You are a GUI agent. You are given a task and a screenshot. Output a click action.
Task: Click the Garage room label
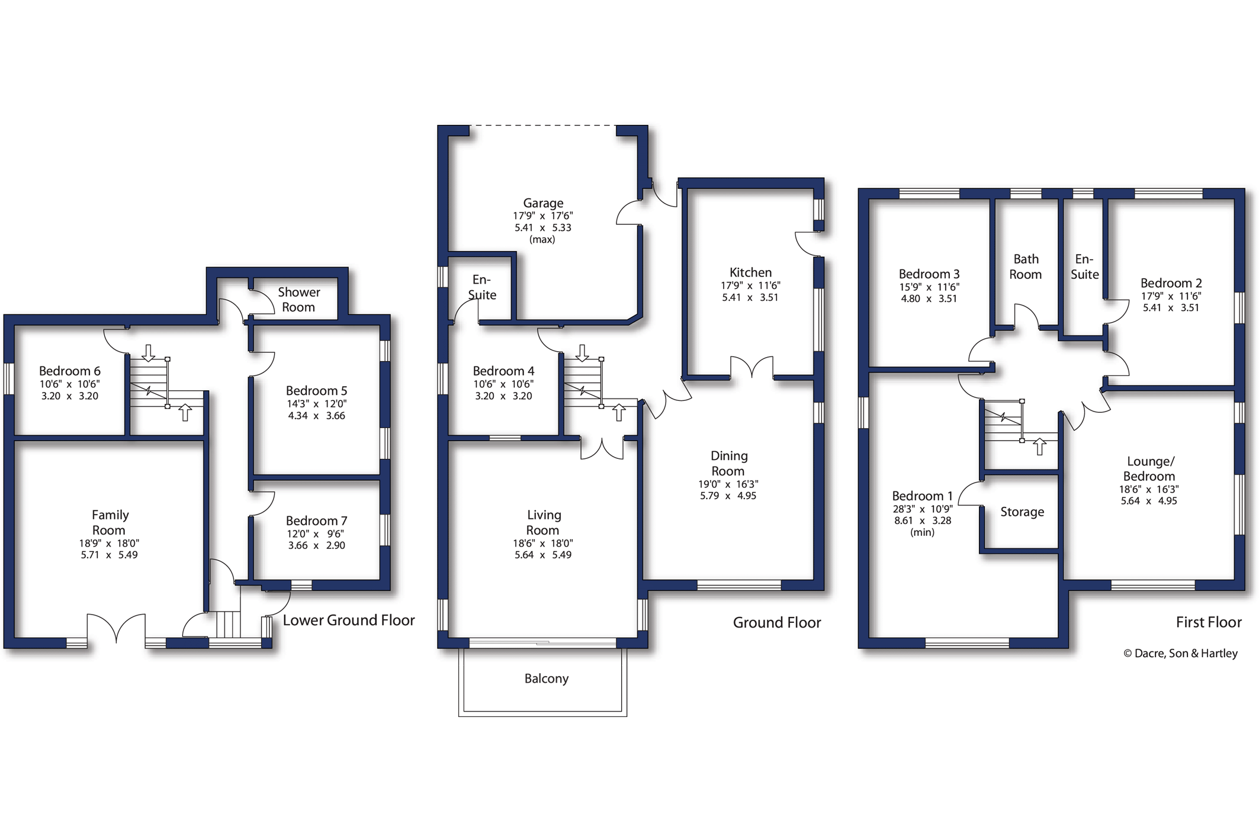543,203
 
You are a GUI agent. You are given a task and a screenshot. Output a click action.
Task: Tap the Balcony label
546,679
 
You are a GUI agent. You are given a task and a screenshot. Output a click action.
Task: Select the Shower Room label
298,300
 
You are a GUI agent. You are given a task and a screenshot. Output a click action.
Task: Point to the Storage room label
1022,512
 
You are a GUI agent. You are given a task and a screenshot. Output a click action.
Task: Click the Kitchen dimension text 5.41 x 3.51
750,297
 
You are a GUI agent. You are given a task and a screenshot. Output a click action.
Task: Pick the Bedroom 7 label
316,521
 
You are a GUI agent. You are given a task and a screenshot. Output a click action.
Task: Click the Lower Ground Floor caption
349,620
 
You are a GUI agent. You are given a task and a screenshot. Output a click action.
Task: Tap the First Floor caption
1209,622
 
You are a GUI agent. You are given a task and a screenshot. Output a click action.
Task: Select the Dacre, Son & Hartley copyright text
1180,654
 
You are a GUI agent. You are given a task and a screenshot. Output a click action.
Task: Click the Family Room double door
117,628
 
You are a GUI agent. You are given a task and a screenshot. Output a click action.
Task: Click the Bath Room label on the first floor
1026,267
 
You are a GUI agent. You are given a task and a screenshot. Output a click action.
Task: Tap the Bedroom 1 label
922,496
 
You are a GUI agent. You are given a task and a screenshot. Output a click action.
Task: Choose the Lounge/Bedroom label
1149,469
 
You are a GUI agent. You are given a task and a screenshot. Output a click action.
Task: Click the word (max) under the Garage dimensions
542,240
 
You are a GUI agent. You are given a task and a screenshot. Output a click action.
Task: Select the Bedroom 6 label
70,371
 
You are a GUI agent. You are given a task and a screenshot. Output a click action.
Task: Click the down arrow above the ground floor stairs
582,353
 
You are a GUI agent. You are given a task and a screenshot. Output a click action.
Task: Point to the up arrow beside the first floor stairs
1040,446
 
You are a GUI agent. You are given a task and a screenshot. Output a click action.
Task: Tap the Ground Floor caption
777,623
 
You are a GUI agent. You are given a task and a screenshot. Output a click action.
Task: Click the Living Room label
543,523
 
